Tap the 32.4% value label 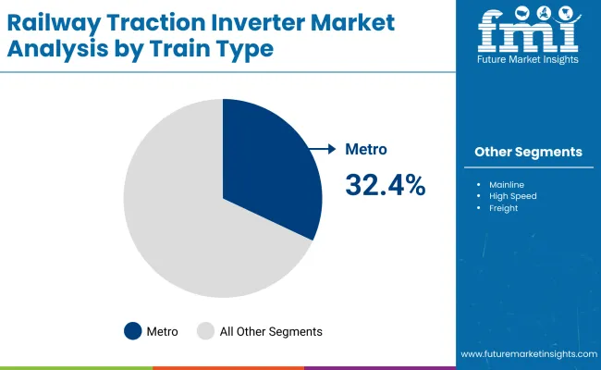(x=385, y=185)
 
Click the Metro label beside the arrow (x=366, y=149)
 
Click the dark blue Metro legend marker (x=133, y=331)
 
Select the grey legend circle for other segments (x=206, y=331)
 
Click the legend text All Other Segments (x=271, y=331)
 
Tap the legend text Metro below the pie (x=162, y=331)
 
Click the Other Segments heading (x=528, y=152)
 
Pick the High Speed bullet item (x=512, y=195)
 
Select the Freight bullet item (x=503, y=208)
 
